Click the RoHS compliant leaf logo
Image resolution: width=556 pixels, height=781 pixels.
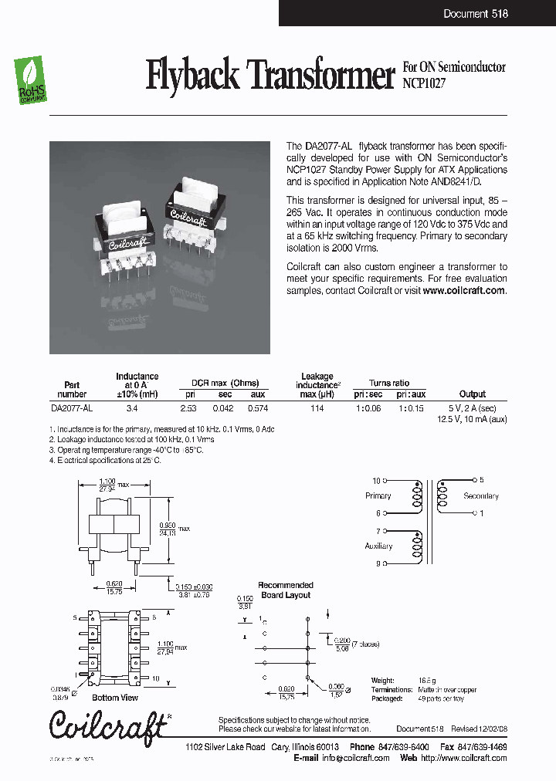pos(32,79)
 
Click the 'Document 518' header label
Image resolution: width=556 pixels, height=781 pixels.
pos(476,13)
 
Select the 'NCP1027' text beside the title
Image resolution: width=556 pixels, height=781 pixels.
pos(424,80)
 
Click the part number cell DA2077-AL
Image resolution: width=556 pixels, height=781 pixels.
pos(72,408)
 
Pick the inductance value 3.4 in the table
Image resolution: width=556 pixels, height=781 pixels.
pos(132,408)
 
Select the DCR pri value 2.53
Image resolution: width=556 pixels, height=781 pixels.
pos(188,408)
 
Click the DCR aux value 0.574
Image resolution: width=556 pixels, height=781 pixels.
pos(257,408)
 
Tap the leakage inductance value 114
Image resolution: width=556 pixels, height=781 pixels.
pos(317,408)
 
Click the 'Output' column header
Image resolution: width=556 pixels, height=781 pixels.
pos(473,394)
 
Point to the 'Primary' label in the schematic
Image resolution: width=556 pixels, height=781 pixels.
pos(378,495)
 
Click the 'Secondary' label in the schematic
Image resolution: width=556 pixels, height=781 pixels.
pos(481,496)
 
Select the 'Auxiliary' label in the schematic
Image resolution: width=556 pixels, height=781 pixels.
pos(378,546)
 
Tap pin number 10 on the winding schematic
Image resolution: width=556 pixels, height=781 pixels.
pos(377,480)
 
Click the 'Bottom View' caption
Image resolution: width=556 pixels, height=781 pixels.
pos(117,698)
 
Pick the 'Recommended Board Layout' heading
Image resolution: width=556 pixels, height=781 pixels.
pos(285,590)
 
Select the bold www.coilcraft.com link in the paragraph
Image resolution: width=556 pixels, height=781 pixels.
pos(463,291)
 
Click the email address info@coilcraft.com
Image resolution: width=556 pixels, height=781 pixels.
pos(358,758)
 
